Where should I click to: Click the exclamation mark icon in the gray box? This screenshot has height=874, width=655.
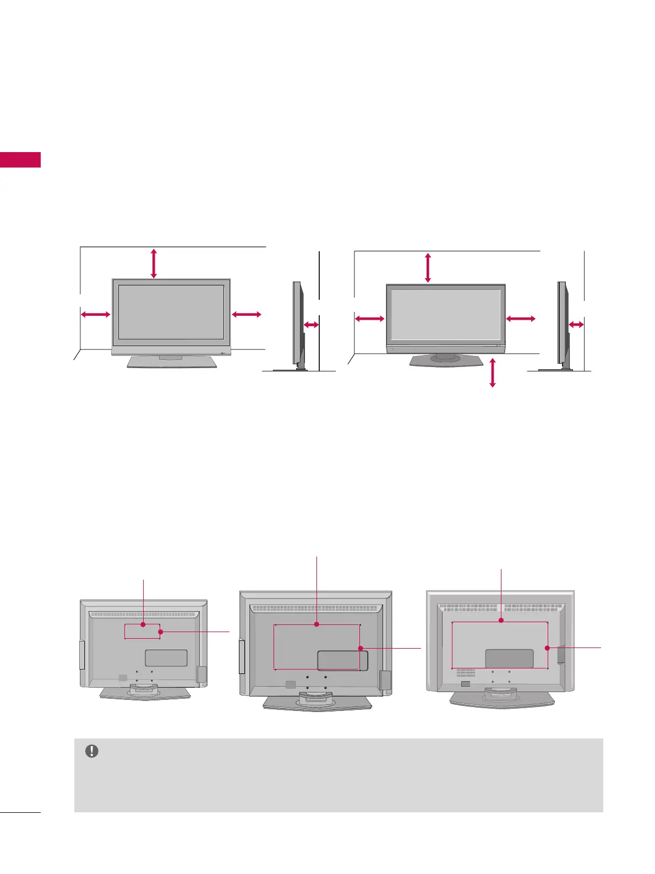coord(92,751)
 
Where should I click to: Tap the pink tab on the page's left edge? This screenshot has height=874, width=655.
coord(20,160)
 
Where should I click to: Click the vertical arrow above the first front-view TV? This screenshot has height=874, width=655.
coord(154,263)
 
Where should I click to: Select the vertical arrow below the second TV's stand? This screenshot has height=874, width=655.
coord(493,372)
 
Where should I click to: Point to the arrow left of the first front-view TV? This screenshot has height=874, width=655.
coord(96,314)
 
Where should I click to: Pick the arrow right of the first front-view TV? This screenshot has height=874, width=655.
coord(247,314)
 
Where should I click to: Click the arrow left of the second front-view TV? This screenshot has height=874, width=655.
coord(369,319)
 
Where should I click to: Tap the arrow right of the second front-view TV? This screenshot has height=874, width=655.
coord(520,319)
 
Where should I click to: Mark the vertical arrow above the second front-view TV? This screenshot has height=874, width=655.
coord(428,267)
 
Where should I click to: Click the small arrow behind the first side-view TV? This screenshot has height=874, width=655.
coord(311,325)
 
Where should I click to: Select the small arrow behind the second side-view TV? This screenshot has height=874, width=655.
coord(576,325)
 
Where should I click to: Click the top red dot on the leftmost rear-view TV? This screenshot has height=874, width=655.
coord(143,624)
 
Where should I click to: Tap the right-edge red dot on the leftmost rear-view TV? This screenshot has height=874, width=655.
coord(160,632)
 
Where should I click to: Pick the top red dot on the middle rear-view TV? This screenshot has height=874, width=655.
coord(316,624)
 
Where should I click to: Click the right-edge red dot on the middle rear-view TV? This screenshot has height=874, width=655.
coord(360,649)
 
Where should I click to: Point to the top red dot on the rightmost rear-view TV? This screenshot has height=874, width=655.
coord(501,621)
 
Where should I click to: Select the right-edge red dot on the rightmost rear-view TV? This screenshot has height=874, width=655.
coord(547,648)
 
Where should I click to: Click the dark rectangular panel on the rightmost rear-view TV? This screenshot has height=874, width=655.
coord(509,659)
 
